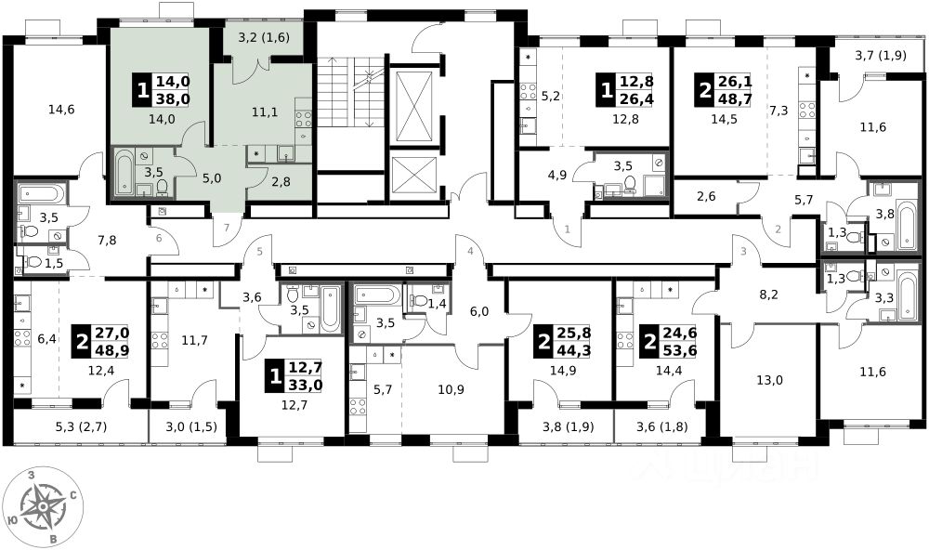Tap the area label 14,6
click(61, 109)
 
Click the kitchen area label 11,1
click(266, 111)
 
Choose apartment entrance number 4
click(470, 251)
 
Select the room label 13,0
click(769, 380)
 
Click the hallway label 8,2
click(768, 295)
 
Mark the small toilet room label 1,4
click(437, 304)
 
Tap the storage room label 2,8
click(281, 182)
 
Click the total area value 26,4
click(637, 98)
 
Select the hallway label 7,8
click(107, 240)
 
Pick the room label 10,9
click(451, 389)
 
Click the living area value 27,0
click(112, 334)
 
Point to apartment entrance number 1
click(567, 229)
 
